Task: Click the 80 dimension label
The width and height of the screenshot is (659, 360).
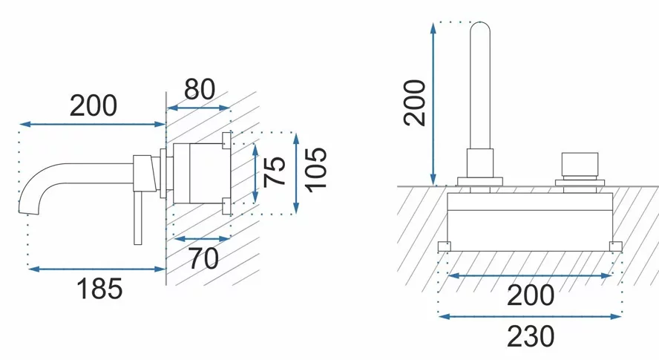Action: tap(200, 89)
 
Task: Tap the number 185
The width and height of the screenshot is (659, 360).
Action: tap(99, 289)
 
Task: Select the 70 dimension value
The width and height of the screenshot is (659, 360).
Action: tap(204, 258)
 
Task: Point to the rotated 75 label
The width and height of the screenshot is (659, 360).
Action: tap(275, 171)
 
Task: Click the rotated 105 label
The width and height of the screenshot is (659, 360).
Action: tap(315, 170)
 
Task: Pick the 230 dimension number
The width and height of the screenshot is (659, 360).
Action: tap(531, 336)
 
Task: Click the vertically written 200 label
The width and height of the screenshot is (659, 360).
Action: tap(414, 103)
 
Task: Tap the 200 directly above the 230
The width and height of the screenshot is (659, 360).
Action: tap(531, 295)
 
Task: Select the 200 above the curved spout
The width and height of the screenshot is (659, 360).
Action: tap(94, 105)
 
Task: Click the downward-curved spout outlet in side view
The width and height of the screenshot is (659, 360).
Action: tap(30, 197)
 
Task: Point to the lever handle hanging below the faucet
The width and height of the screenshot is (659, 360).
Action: tap(138, 218)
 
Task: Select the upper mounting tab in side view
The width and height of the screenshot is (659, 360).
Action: tap(226, 140)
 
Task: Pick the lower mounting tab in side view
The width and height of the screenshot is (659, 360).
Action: tap(226, 206)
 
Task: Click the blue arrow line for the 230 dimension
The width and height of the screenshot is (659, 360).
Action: tap(530, 316)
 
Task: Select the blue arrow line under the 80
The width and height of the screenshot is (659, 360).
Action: tap(198, 108)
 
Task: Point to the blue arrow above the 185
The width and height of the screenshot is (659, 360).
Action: tap(96, 269)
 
